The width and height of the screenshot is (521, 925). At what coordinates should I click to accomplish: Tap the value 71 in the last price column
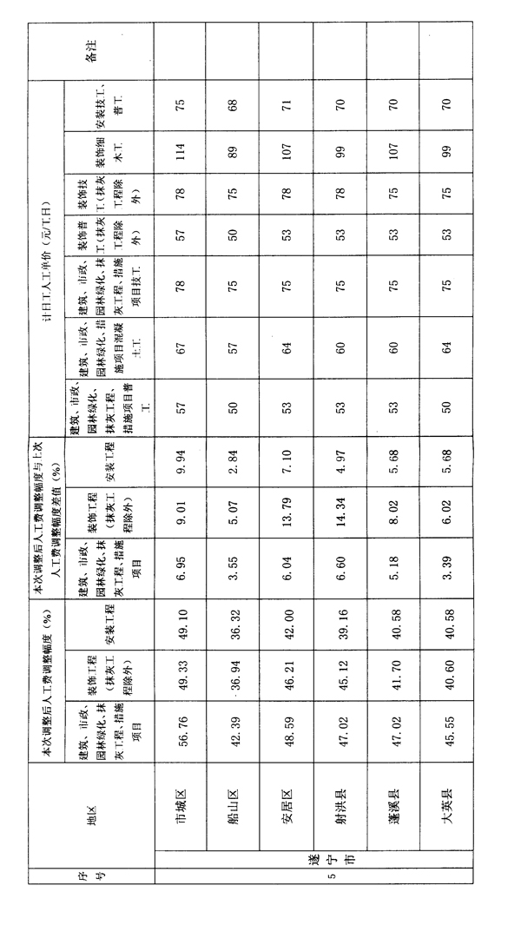click(287, 105)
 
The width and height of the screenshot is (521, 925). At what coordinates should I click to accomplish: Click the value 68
click(234, 105)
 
